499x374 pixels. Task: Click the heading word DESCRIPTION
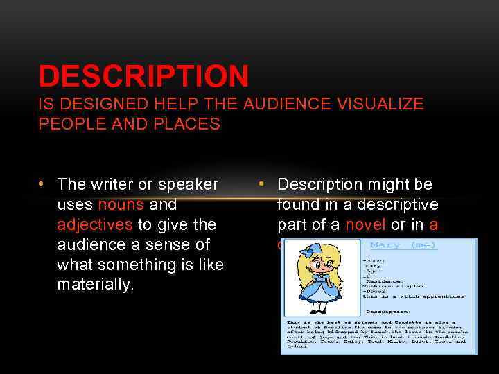(143, 76)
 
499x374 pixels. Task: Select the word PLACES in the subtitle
(187, 125)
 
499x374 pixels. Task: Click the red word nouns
(121, 204)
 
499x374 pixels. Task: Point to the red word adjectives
(95, 224)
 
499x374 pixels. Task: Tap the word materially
(95, 285)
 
